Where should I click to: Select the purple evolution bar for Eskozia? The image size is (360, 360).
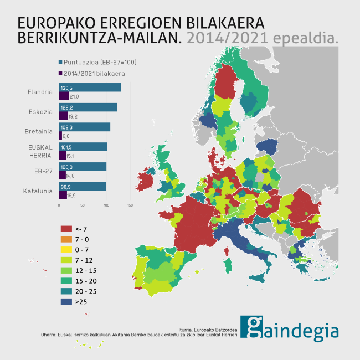tap(63, 116)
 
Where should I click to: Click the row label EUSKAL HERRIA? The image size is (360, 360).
tap(40, 151)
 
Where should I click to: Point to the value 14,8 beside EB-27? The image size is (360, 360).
tap(70, 176)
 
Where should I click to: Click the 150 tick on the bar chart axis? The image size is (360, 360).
tap(130, 205)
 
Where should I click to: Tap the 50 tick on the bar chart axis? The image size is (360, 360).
tap(83, 205)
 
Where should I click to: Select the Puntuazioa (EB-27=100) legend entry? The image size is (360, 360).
tap(96, 62)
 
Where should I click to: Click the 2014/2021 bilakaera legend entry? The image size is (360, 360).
tap(91, 73)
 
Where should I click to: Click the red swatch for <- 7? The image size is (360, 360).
tap(66, 229)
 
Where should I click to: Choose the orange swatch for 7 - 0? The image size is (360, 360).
tap(66, 239)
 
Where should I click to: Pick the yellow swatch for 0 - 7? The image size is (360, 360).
tap(66, 250)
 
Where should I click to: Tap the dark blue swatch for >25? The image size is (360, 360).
tap(66, 302)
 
